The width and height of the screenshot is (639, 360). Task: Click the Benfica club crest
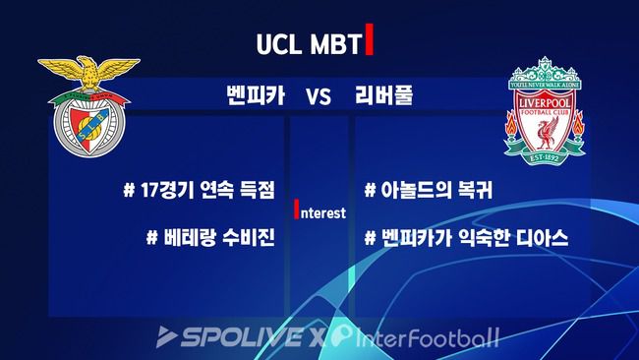pyautogui.click(x=88, y=106)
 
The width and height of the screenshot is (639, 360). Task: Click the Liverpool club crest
pyautogui.click(x=545, y=110)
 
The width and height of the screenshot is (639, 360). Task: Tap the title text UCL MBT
pyautogui.click(x=310, y=44)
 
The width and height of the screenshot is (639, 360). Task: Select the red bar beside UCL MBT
pyautogui.click(x=370, y=39)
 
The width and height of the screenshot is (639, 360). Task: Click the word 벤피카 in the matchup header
pyautogui.click(x=256, y=95)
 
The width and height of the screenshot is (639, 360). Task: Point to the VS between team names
pyautogui.click(x=319, y=97)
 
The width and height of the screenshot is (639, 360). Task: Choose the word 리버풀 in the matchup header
pyautogui.click(x=383, y=95)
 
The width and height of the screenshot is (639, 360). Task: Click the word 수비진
pyautogui.click(x=249, y=237)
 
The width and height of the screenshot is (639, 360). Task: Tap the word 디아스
pyautogui.click(x=543, y=237)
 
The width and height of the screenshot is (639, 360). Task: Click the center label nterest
pyautogui.click(x=322, y=212)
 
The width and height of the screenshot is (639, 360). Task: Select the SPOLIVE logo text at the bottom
pyautogui.click(x=230, y=337)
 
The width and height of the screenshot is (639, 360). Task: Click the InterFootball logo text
pyautogui.click(x=428, y=337)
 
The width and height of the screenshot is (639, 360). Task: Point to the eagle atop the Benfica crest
pyautogui.click(x=88, y=72)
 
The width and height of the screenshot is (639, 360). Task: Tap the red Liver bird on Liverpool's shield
pyautogui.click(x=545, y=133)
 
